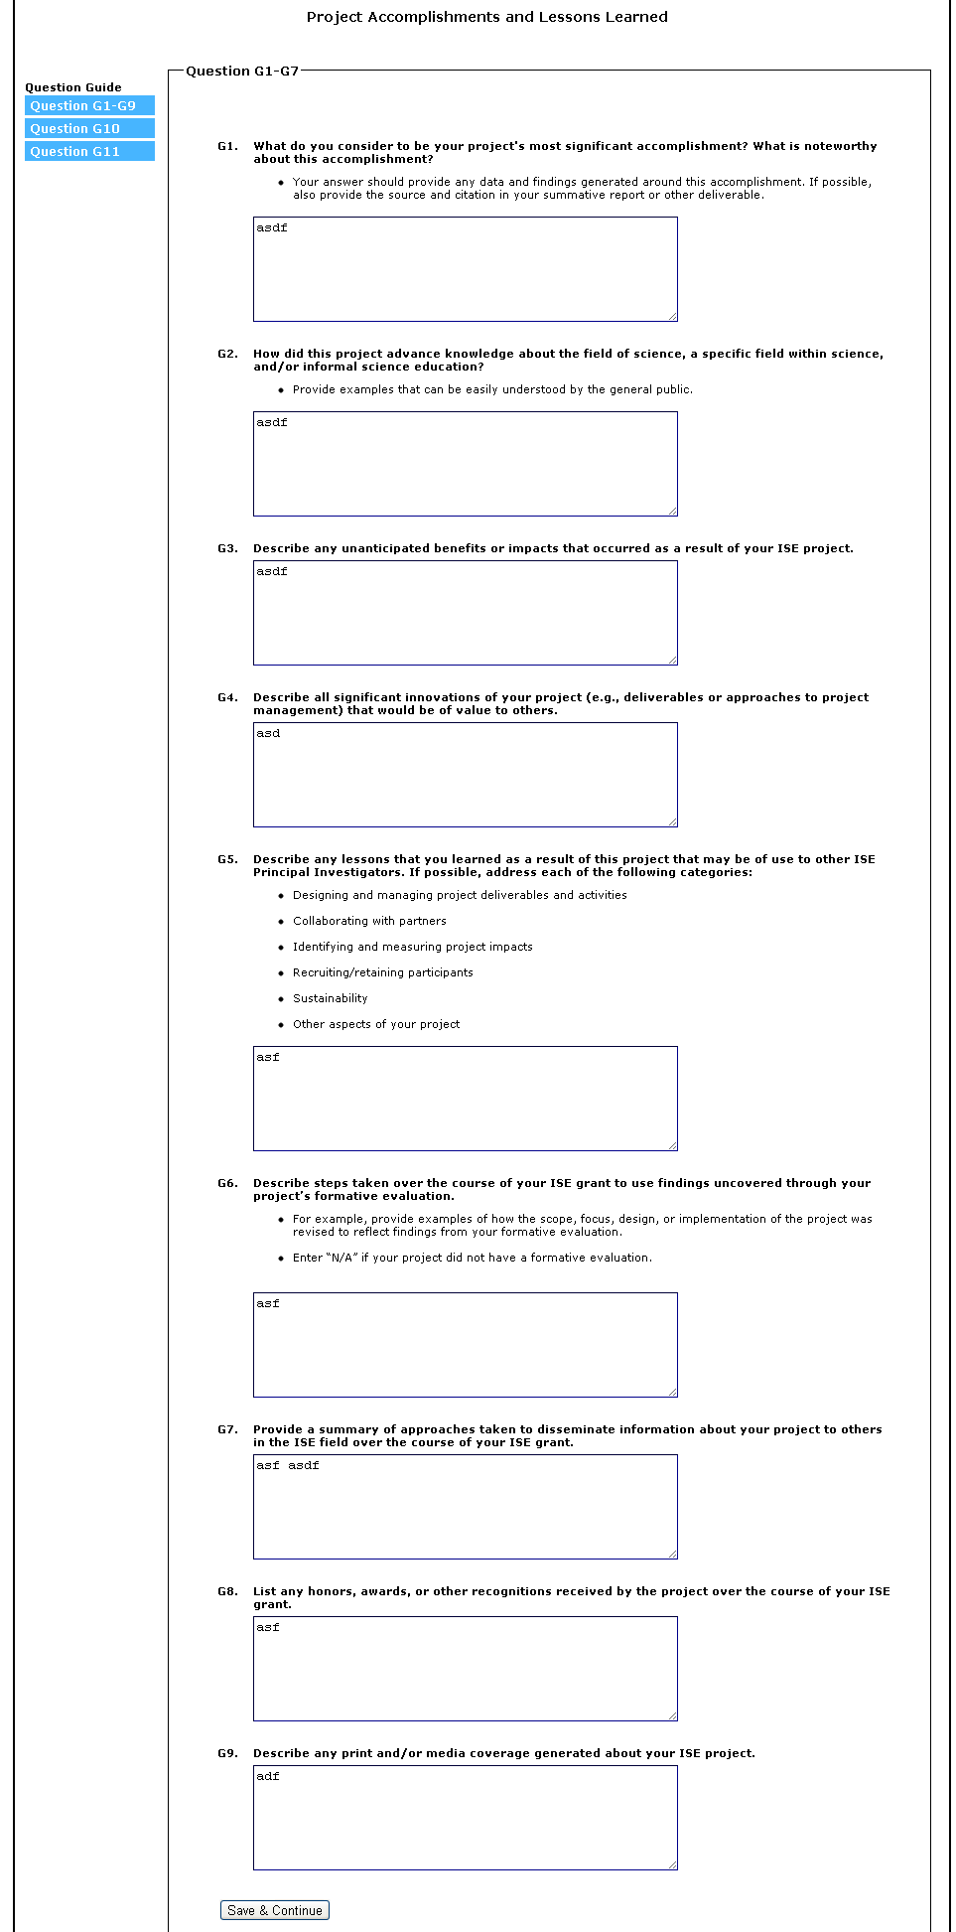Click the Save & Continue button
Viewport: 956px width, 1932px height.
coord(274,1909)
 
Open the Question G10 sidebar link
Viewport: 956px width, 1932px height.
coord(89,129)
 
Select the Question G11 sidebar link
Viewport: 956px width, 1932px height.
coord(89,152)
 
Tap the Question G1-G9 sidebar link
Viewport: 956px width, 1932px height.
coord(89,106)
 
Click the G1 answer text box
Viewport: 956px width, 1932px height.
coord(465,269)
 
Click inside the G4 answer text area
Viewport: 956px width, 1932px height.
coord(465,775)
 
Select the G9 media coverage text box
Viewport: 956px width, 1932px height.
coord(465,1818)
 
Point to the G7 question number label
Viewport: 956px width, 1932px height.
coord(227,1429)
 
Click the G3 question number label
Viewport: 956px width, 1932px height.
coord(227,548)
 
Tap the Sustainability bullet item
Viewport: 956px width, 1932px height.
coord(330,998)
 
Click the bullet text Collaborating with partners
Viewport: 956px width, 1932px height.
coord(369,921)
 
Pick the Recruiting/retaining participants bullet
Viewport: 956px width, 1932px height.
coord(382,972)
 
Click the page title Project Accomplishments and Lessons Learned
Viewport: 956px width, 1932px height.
coord(486,17)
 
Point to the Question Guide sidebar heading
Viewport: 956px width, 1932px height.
coord(73,87)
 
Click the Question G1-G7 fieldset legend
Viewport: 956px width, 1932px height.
coord(242,72)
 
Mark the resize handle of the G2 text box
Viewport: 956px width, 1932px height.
coord(673,512)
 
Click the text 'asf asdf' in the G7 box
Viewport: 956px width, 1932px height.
coord(288,1465)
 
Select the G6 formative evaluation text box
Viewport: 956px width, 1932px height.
coord(465,1345)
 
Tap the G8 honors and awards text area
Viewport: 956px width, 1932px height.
coord(465,1669)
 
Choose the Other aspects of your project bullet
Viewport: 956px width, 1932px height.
coord(376,1024)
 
